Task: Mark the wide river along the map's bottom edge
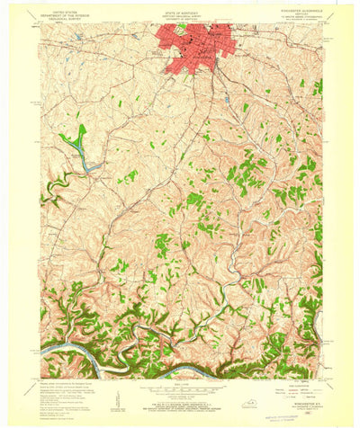pos(180,368)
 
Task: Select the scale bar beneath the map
pos(180,389)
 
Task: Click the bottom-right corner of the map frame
pos(321,379)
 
